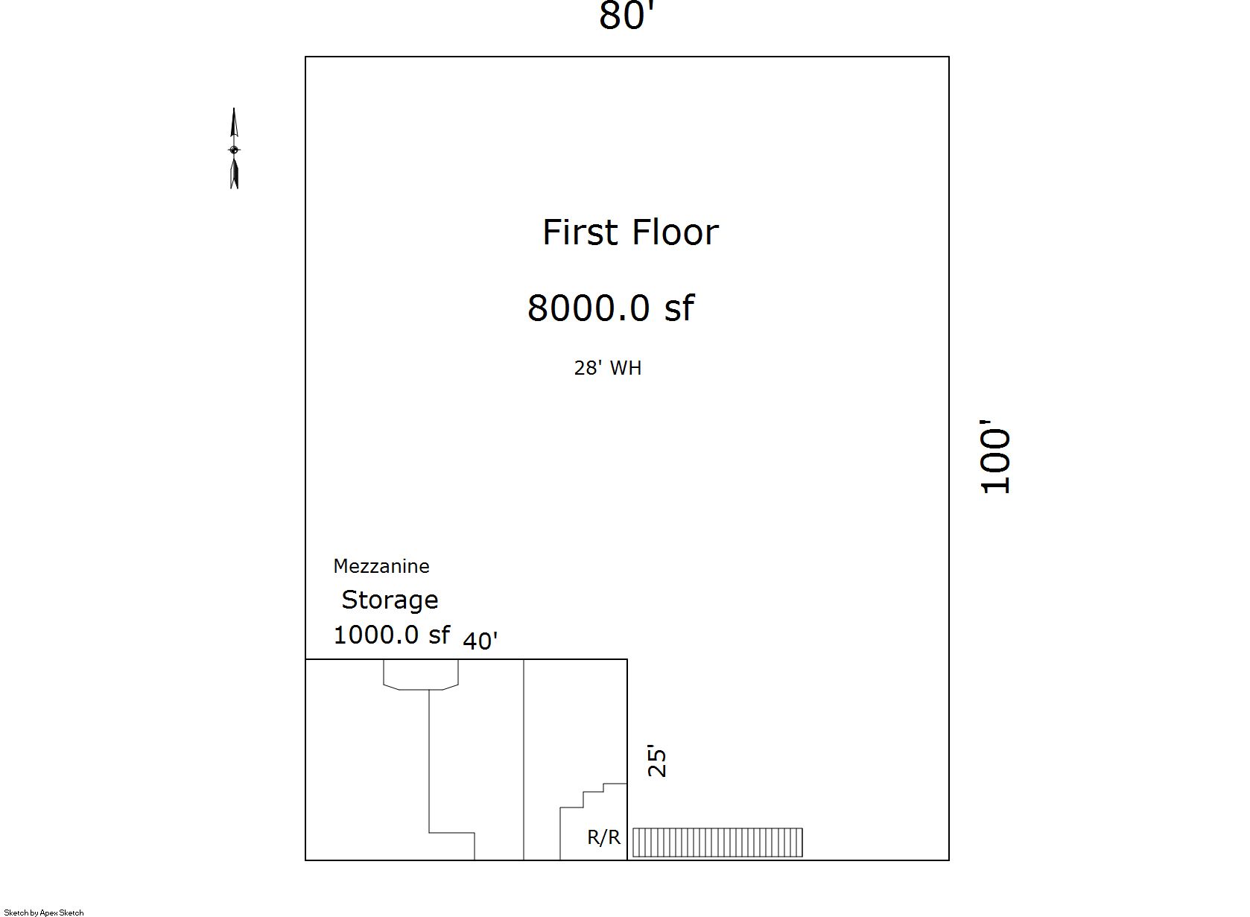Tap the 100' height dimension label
[x=995, y=457]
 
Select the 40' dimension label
[x=480, y=641]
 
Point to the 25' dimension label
[x=657, y=761]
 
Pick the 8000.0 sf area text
[x=611, y=308]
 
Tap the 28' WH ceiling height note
[x=608, y=368]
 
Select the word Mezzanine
[x=381, y=566]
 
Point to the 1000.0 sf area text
[x=391, y=635]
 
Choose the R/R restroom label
[x=604, y=837]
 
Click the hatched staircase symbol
[x=717, y=843]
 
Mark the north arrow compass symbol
[x=235, y=148]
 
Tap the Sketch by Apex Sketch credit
[x=43, y=913]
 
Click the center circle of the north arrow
[x=235, y=150]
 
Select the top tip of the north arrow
[x=234, y=108]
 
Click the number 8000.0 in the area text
[x=588, y=308]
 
